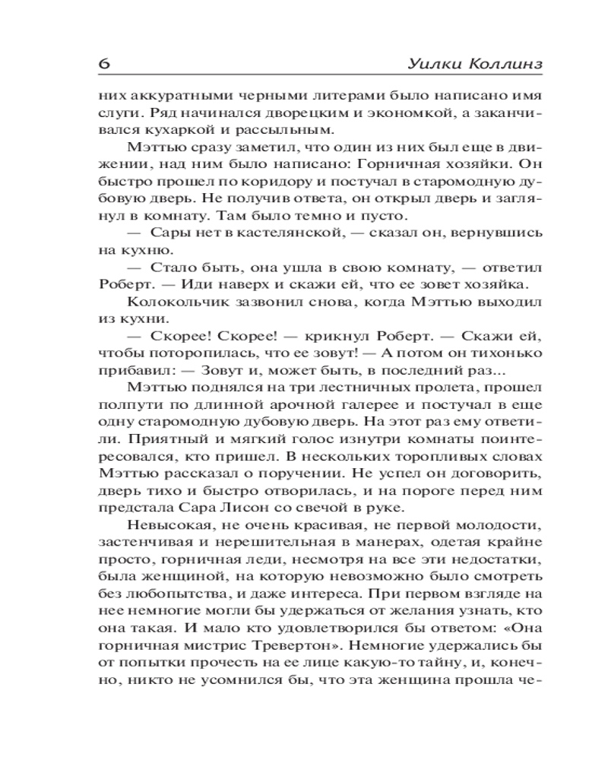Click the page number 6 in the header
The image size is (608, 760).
(x=104, y=64)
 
